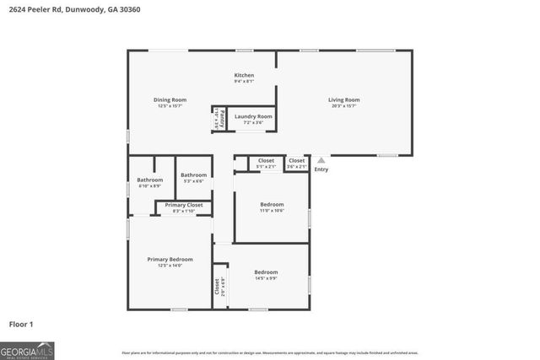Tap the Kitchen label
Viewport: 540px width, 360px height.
click(244, 75)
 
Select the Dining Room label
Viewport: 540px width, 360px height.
click(170, 100)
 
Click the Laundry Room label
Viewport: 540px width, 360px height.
click(253, 116)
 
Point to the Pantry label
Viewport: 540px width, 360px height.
click(217, 119)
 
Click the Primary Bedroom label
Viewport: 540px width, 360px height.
click(170, 259)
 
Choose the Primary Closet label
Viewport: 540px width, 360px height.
click(183, 205)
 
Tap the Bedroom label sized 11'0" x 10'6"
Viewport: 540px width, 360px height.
click(272, 204)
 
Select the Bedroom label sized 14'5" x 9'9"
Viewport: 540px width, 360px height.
click(266, 272)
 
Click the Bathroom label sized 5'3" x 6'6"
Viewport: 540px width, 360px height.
click(193, 175)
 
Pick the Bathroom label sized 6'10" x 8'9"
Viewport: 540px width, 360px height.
click(149, 180)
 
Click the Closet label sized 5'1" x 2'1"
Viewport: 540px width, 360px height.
click(266, 160)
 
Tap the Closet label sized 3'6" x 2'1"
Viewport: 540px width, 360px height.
click(296, 160)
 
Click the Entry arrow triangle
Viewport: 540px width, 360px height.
click(321, 160)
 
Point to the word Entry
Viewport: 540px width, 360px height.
click(321, 169)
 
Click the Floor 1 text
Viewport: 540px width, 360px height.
click(21, 324)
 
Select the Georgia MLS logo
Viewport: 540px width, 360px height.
click(27, 350)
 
